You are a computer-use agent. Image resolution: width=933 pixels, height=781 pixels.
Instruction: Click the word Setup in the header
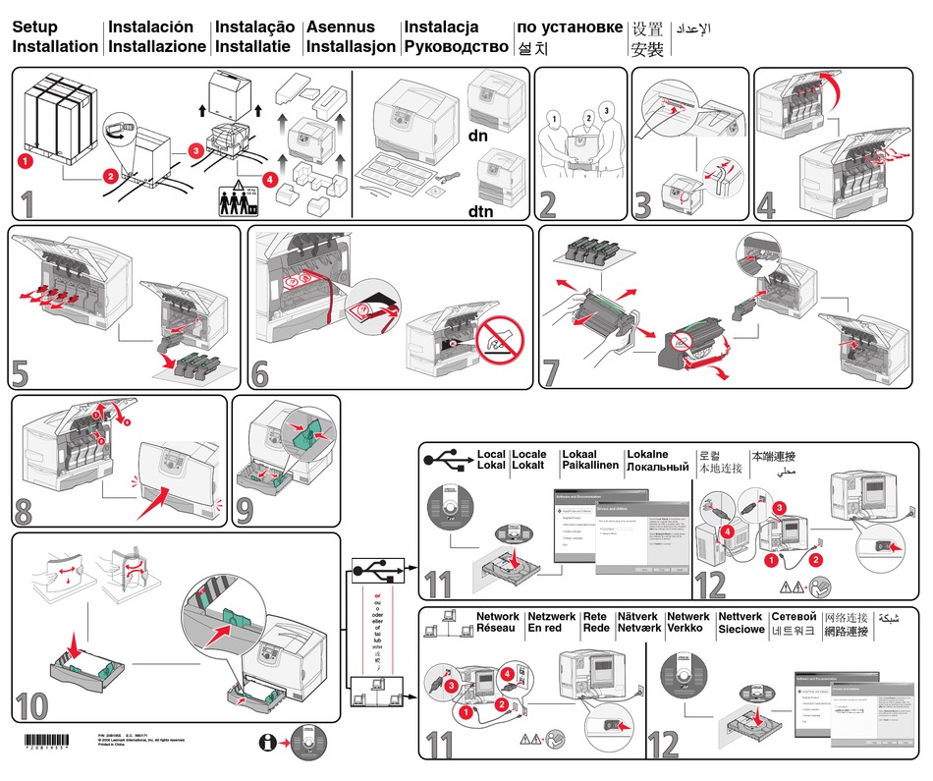34,28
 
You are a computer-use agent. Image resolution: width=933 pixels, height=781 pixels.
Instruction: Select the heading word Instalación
150,28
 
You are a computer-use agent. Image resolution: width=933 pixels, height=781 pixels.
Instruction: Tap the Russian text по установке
569,28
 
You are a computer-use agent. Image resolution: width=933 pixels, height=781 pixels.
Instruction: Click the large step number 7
552,370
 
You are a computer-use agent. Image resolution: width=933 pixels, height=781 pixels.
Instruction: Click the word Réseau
497,629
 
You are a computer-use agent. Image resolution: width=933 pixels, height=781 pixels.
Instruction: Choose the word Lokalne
647,455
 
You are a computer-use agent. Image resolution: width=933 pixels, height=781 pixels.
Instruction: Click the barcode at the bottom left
47,741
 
